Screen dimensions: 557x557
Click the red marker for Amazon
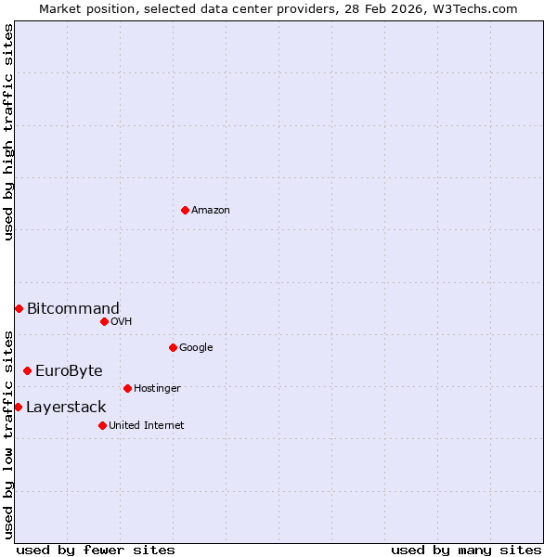point(185,210)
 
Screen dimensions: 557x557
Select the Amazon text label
point(211,210)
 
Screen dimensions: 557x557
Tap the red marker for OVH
point(104,321)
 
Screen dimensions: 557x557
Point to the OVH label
point(121,321)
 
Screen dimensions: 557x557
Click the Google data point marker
point(173,347)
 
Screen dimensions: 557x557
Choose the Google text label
point(196,347)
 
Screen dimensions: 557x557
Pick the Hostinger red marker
point(127,388)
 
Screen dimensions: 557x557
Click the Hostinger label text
point(157,388)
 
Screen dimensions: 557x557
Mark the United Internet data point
point(102,425)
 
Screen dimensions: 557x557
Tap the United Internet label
point(146,425)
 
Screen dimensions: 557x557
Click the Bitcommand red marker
point(19,308)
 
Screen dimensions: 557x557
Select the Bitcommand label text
point(73,308)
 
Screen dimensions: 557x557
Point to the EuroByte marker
point(27,370)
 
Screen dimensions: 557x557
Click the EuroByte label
point(69,370)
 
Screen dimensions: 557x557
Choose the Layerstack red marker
point(18,407)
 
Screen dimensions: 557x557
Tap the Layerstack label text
point(66,407)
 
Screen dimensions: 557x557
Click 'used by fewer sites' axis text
point(96,550)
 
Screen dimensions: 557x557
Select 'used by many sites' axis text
point(466,550)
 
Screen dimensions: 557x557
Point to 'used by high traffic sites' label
point(8,132)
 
